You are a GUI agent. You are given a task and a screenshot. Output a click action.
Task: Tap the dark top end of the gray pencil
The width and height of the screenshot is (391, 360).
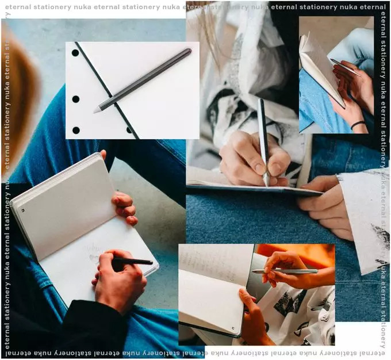coord(189,51)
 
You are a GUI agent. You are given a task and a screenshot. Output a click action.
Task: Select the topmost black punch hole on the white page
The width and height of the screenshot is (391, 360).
coord(75,53)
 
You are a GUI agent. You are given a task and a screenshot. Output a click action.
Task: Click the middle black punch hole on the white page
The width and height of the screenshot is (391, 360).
coord(76,99)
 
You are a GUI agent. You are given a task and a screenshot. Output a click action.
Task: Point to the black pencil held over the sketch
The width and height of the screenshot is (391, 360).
coord(133,261)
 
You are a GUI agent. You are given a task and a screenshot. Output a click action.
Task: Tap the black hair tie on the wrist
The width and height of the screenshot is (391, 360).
coord(358,124)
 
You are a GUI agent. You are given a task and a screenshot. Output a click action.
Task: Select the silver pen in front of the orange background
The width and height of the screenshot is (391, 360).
coord(285,271)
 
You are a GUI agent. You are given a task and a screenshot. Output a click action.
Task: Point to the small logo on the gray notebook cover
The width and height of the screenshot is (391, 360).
coord(23,210)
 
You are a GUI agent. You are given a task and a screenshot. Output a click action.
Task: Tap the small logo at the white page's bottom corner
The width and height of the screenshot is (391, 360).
coord(233,328)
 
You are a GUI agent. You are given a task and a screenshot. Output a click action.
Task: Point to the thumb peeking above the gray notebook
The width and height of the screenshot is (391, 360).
coord(103,155)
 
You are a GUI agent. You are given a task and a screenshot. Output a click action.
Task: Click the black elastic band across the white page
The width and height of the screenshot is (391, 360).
coord(107,90)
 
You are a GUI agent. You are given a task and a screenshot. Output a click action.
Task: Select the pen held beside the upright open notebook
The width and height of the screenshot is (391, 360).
coord(346,67)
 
